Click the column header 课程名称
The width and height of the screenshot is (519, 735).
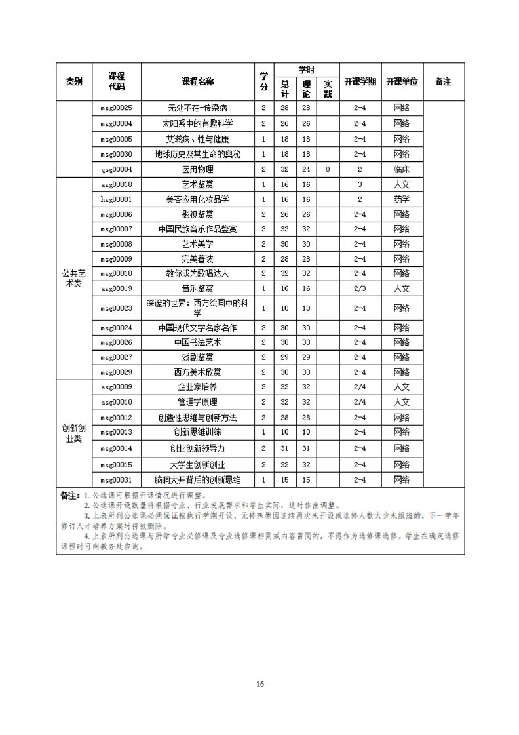point(197,81)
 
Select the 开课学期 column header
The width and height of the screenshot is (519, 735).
point(360,81)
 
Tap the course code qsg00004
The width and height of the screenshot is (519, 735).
point(116,169)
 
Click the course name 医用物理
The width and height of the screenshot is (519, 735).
point(197,169)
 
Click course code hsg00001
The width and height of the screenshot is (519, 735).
point(116,199)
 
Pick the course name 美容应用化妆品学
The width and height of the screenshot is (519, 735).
point(197,199)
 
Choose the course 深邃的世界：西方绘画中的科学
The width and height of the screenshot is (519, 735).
point(197,308)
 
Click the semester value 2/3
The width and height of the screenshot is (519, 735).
point(360,288)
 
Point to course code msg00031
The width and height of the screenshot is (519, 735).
point(116,480)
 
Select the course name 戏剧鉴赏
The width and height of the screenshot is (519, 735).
point(197,357)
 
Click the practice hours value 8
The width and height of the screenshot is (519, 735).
point(328,169)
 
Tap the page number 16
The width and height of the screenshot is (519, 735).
point(259,684)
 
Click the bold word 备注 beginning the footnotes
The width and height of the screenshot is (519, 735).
point(69,496)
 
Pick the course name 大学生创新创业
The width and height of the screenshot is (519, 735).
point(197,465)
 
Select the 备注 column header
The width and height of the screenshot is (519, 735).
point(444,81)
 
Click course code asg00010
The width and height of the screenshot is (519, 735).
point(116,402)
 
